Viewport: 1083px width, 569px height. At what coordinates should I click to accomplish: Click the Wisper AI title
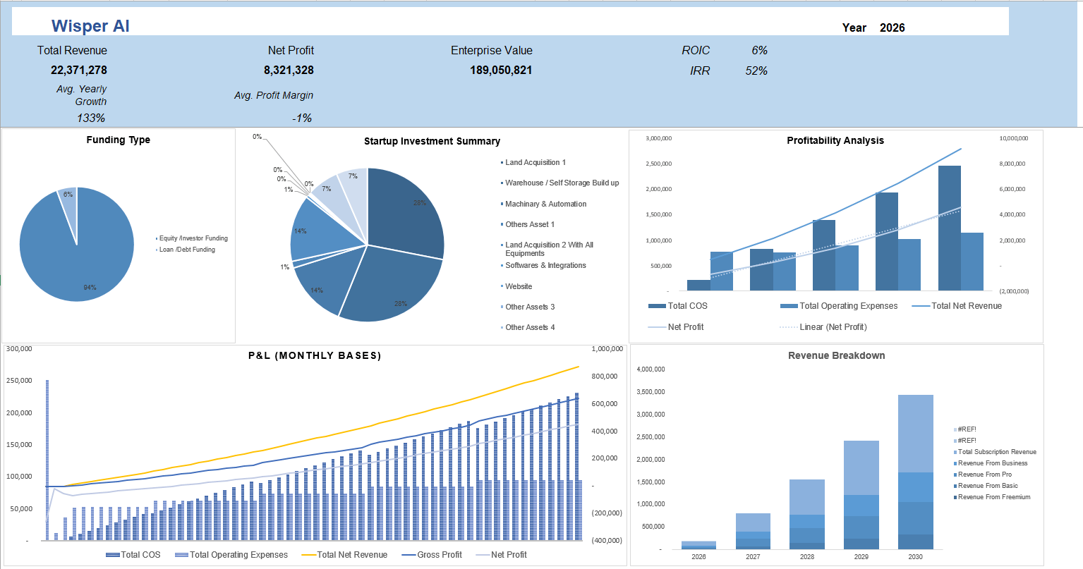(90, 26)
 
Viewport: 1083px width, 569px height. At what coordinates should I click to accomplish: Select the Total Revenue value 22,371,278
(79, 70)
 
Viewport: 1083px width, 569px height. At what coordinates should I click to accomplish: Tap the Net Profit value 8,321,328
(289, 70)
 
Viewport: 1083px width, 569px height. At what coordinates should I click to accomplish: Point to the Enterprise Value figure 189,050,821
(501, 70)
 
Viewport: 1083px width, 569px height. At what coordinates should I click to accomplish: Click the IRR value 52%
(756, 71)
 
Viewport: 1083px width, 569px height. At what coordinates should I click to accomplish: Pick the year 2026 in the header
(892, 27)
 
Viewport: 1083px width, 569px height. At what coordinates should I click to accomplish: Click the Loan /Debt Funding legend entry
(187, 250)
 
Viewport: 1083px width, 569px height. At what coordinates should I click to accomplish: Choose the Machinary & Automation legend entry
(545, 204)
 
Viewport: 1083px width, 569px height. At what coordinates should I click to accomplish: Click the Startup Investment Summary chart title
(432, 141)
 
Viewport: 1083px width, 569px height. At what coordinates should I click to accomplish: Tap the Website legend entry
(519, 286)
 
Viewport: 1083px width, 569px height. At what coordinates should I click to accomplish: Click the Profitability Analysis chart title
(835, 140)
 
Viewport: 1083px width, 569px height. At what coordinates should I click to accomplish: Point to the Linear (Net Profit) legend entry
(833, 327)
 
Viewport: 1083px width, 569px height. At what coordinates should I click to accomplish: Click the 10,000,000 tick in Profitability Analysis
(1013, 138)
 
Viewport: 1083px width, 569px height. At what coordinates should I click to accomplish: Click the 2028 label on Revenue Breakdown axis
(807, 556)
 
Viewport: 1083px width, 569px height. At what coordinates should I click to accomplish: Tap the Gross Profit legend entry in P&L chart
(439, 555)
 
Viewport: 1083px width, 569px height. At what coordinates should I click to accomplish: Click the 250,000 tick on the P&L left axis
(19, 381)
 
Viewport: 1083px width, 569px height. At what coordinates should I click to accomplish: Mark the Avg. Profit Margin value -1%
(302, 118)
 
